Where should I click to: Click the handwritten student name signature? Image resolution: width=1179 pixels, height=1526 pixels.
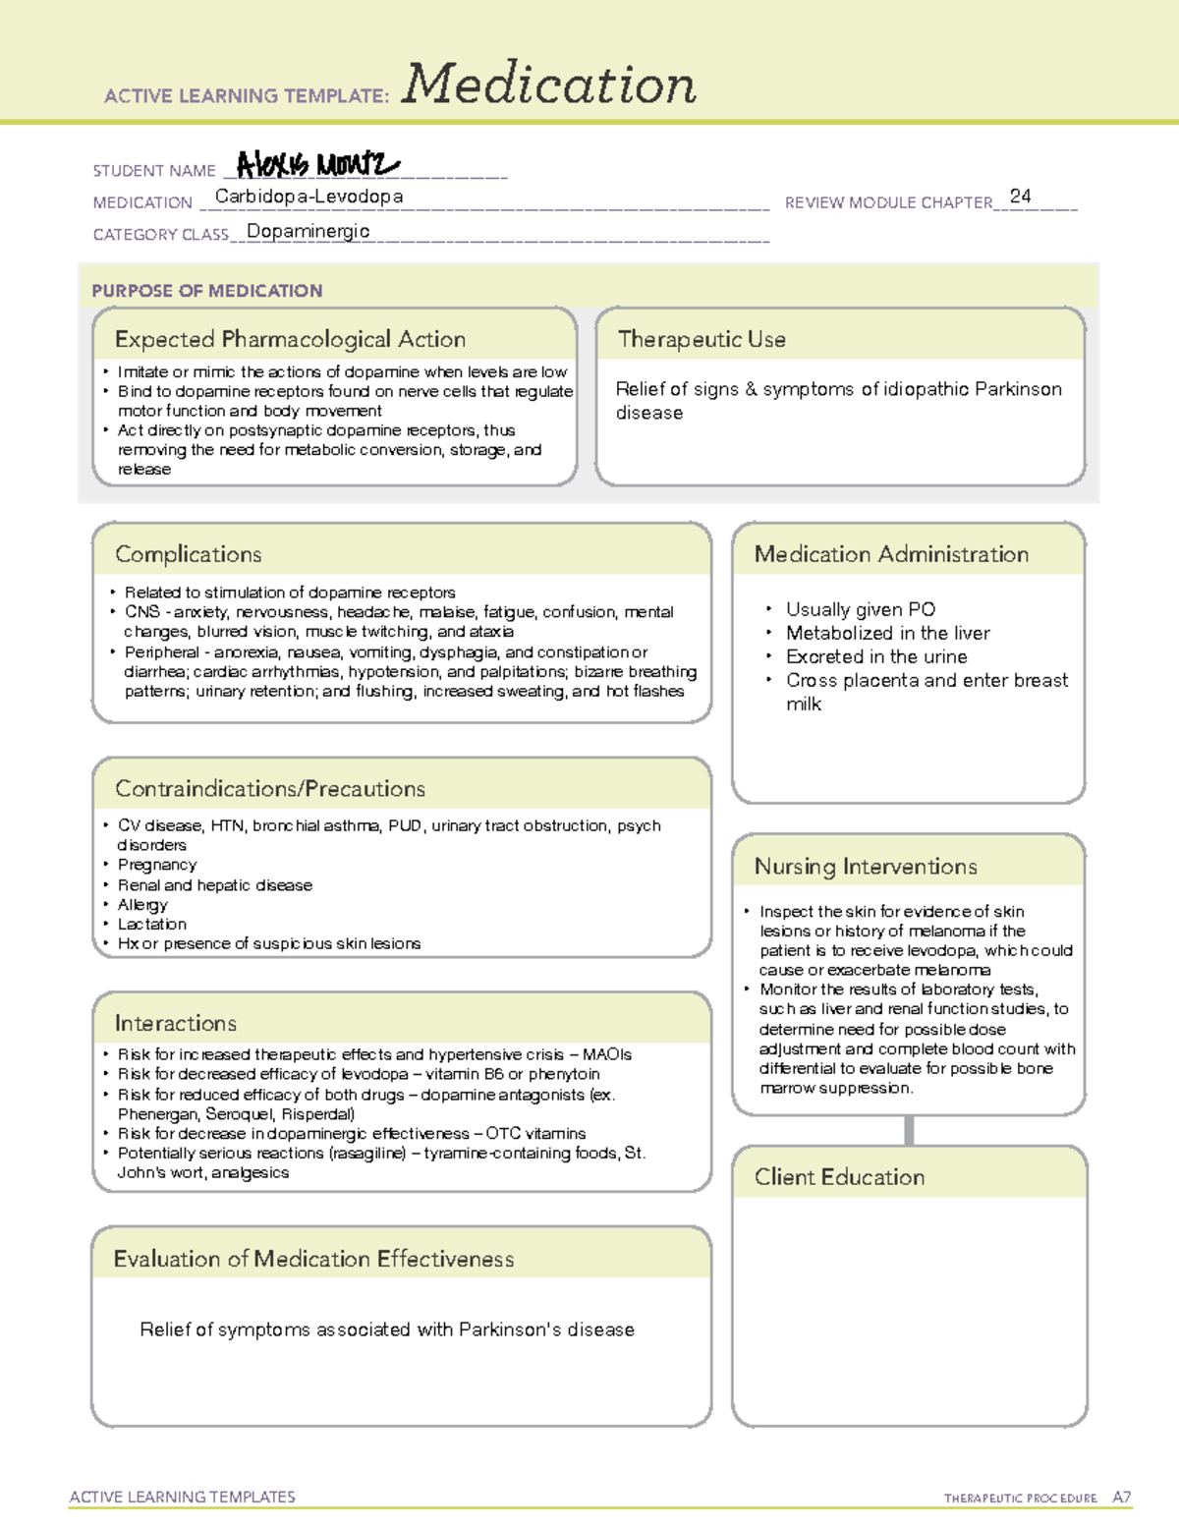tap(317, 164)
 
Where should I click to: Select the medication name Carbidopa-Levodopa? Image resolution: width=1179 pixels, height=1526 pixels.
tap(309, 197)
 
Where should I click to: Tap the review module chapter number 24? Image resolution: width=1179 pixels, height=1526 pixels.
tap(1020, 197)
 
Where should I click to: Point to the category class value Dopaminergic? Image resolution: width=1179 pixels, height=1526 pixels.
tap(308, 231)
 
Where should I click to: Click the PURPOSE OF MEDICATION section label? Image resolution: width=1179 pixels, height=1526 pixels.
tap(207, 291)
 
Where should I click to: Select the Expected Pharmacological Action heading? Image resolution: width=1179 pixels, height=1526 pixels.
tap(290, 339)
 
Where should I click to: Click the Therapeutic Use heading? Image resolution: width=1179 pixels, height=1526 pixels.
tap(702, 339)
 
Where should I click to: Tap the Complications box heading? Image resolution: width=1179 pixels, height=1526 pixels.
tap(189, 554)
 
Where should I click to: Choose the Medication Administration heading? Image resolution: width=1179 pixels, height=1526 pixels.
tap(891, 554)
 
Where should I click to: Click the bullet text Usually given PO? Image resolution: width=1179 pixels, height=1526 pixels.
tap(860, 609)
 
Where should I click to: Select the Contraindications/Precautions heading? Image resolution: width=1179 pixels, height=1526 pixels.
tap(270, 788)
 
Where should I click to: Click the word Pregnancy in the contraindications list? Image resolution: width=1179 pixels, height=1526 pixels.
tap(157, 865)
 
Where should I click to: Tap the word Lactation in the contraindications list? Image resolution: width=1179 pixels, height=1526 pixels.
tap(152, 924)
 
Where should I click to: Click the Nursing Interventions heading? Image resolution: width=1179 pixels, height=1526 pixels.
tap(866, 867)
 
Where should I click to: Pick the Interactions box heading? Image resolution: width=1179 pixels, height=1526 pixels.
tap(176, 1023)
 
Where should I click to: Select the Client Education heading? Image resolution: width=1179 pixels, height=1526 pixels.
tap(839, 1177)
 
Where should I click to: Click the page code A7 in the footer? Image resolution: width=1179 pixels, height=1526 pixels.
tap(1121, 1498)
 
